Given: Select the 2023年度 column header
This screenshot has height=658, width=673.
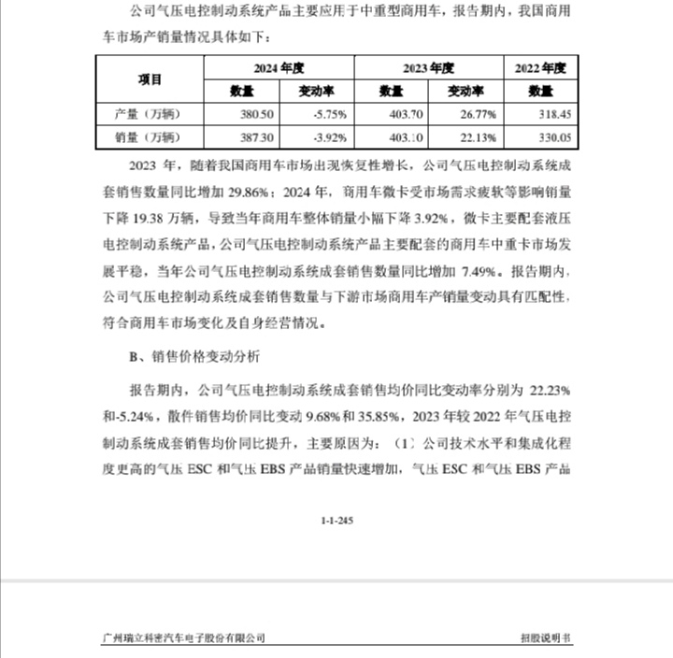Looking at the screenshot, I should [428, 67].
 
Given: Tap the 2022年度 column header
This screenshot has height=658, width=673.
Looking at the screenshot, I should [541, 67].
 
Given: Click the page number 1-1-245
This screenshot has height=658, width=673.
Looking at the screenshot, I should [336, 520].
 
